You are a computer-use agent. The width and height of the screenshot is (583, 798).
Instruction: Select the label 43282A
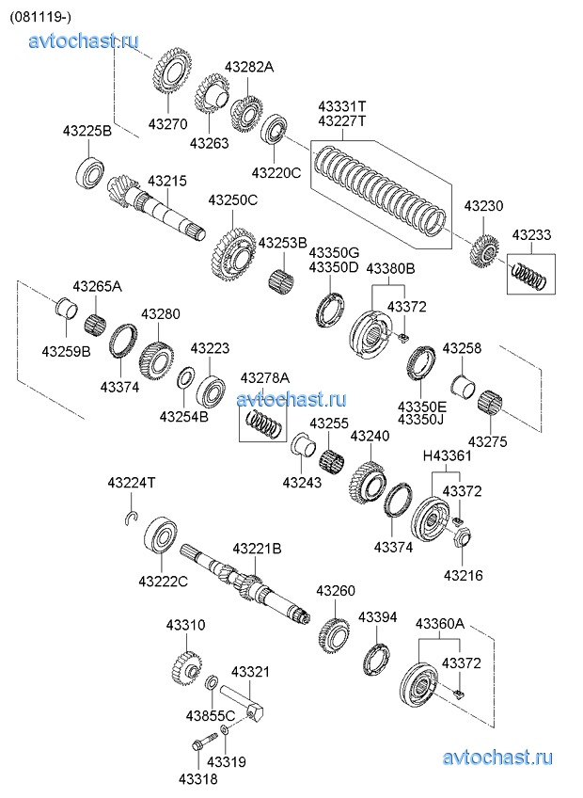tap(248, 67)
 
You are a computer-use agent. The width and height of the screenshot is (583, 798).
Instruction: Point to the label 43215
tap(167, 180)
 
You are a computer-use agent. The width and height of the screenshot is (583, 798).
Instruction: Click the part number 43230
tap(483, 206)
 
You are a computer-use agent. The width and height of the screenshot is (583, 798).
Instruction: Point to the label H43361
tap(447, 456)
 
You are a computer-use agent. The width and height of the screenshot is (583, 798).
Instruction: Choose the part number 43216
tap(463, 574)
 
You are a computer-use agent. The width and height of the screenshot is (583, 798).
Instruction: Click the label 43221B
tap(257, 548)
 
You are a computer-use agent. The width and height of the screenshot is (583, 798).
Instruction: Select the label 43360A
tap(441, 623)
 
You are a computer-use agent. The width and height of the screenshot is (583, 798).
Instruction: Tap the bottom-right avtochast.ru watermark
tap(496, 757)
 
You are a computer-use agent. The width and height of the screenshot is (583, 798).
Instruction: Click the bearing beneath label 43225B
tap(91, 173)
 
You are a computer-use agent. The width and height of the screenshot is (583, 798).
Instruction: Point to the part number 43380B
tap(390, 269)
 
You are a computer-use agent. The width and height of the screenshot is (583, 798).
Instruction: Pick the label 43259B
tap(65, 351)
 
